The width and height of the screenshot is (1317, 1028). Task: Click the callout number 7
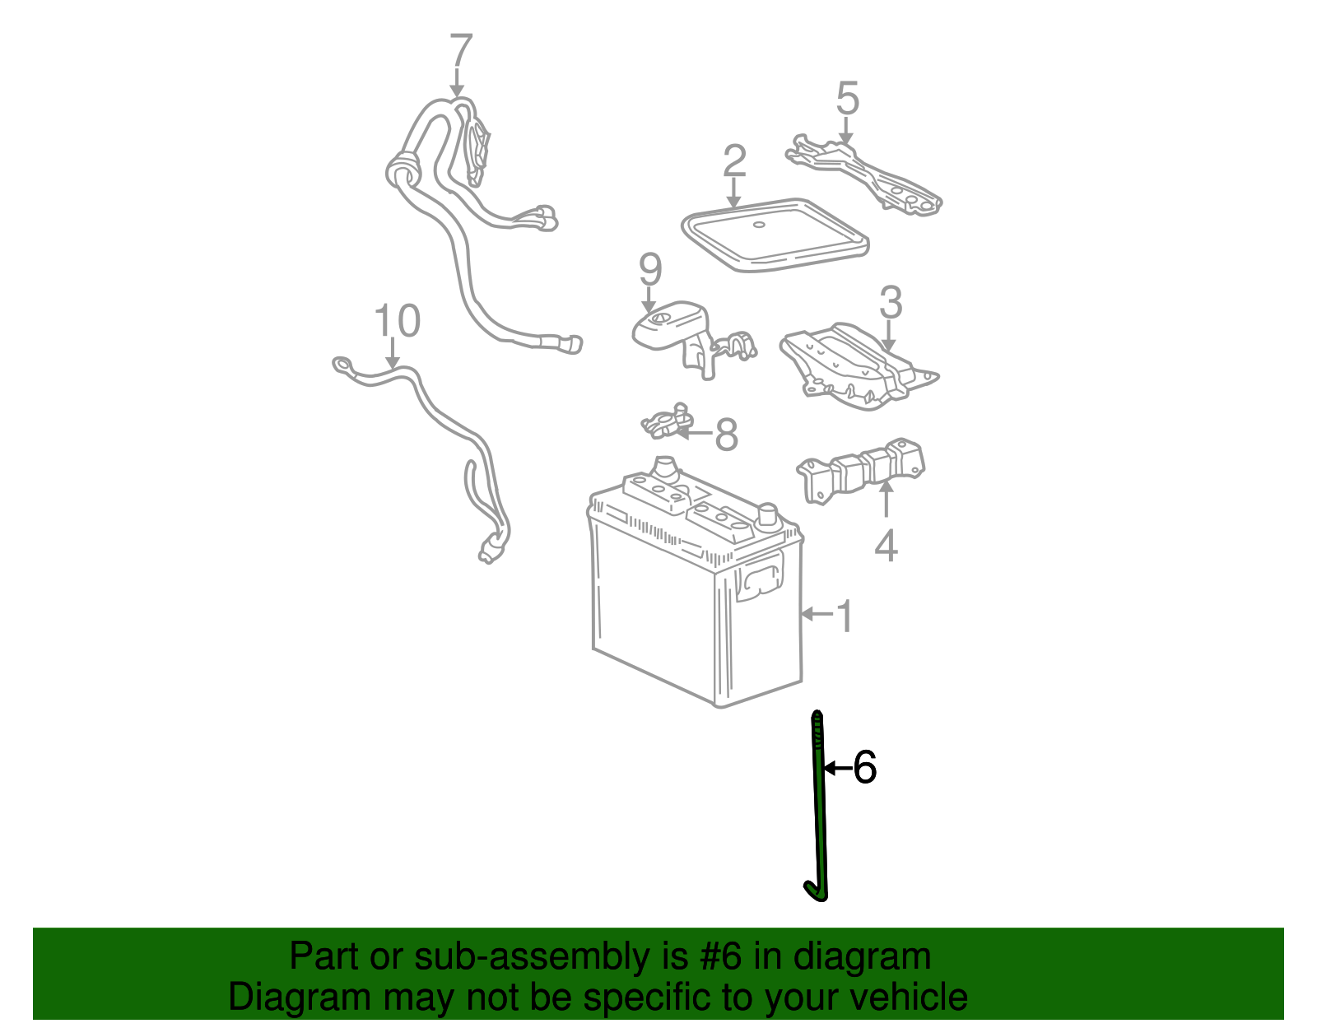pyautogui.click(x=461, y=52)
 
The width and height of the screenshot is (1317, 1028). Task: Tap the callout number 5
pyautogui.click(x=847, y=99)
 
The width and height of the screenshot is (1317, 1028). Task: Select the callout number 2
pyautogui.click(x=734, y=161)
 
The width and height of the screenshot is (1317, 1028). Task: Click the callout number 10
pyautogui.click(x=397, y=321)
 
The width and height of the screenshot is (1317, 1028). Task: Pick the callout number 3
pyautogui.click(x=891, y=303)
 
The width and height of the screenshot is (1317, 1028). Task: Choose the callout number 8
pyautogui.click(x=725, y=435)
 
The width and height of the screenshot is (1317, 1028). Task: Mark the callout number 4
pyautogui.click(x=886, y=545)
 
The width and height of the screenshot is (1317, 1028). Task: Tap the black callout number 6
pyautogui.click(x=864, y=768)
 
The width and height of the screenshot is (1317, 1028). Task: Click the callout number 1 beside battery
pyautogui.click(x=845, y=616)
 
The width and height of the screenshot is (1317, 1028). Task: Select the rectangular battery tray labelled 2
pyautogui.click(x=774, y=235)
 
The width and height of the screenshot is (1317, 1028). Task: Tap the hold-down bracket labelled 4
pyautogui.click(x=860, y=472)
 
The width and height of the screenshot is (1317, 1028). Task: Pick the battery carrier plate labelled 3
pyautogui.click(x=856, y=366)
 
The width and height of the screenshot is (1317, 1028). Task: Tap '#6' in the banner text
pyautogui.click(x=722, y=957)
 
